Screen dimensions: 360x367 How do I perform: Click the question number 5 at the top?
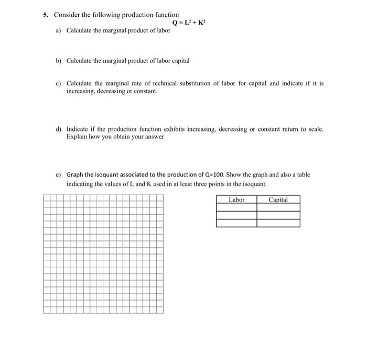point(46,15)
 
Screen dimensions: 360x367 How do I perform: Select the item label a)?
point(58,30)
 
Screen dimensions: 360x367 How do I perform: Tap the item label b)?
point(58,60)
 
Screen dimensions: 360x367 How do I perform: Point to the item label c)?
point(58,83)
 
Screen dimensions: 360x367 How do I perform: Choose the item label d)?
point(58,129)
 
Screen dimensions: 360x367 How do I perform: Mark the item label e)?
point(58,174)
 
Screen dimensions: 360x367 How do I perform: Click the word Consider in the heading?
point(67,15)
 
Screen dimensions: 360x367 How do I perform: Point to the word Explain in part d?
point(77,137)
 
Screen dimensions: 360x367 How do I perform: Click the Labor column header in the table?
point(236,200)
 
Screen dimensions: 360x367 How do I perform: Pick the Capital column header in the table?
point(278,200)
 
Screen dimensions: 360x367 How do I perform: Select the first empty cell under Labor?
point(236,208)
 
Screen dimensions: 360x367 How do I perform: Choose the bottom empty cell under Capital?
point(278,223)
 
